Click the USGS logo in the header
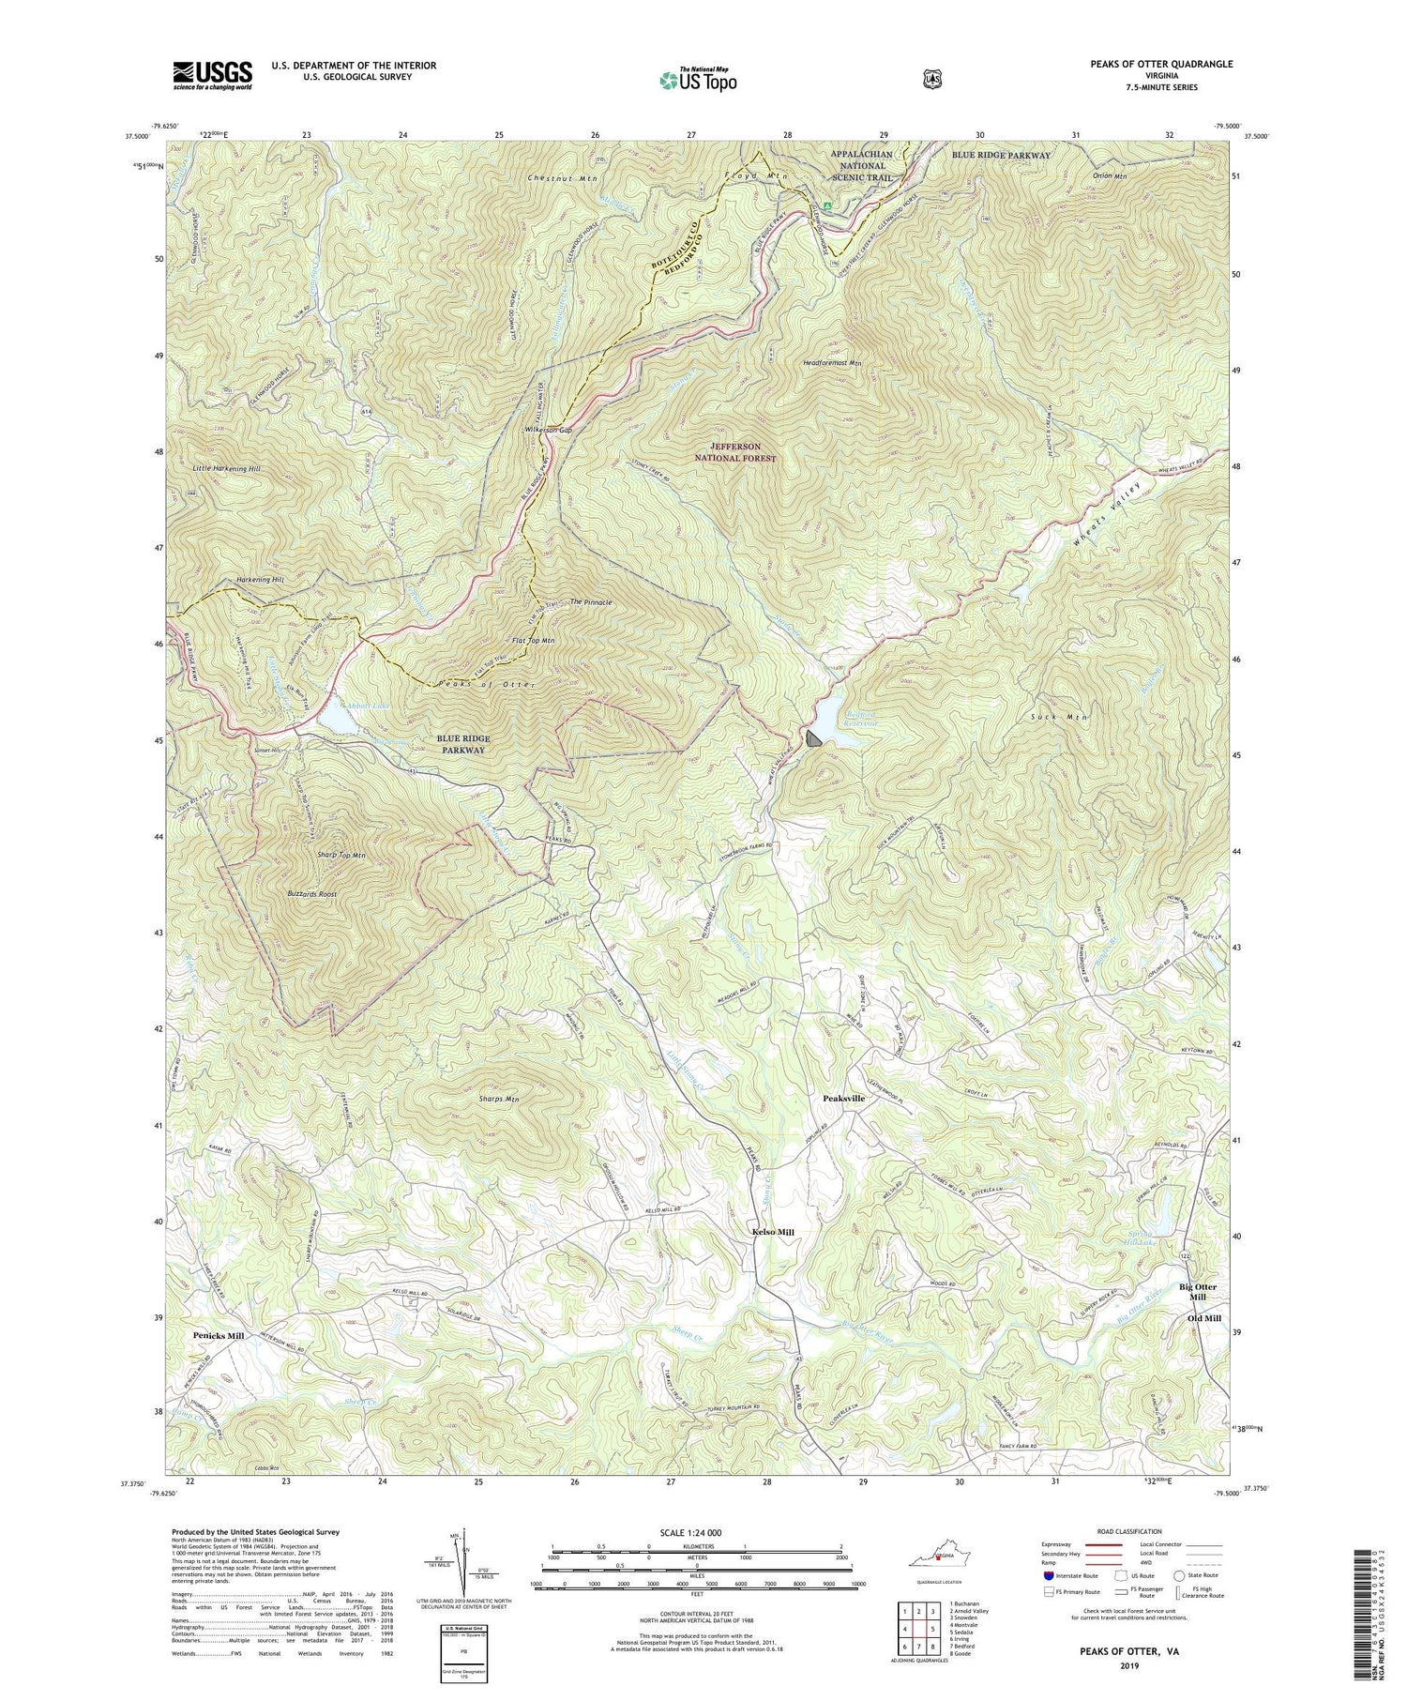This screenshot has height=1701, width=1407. click(x=212, y=74)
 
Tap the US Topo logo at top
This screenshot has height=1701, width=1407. click(x=698, y=79)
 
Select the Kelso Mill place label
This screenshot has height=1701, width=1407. click(x=773, y=1232)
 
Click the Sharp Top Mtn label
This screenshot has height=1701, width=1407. click(x=314, y=856)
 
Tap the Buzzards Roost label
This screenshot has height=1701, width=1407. click(x=312, y=894)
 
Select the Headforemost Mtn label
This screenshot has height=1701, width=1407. click(x=831, y=362)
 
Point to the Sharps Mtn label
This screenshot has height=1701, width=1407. click(x=498, y=1099)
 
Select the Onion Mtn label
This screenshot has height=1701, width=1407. click(x=1091, y=175)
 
